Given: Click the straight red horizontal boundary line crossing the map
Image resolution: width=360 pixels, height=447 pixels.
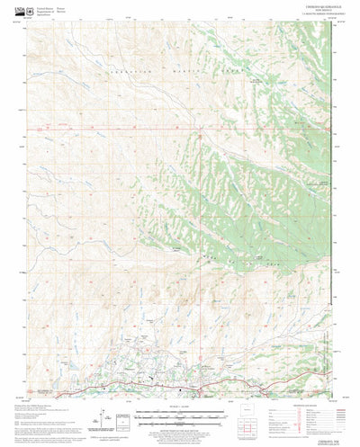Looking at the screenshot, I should [180, 130].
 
